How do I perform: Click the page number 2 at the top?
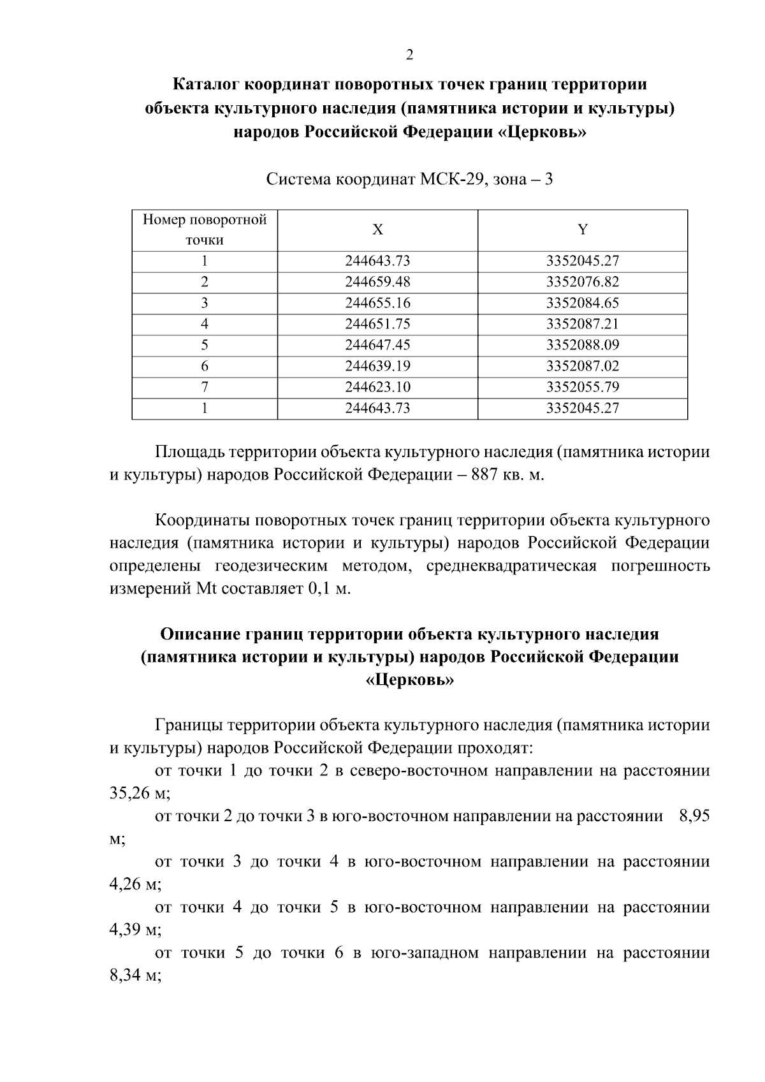point(409,55)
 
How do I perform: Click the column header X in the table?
point(377,230)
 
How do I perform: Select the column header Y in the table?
point(582,230)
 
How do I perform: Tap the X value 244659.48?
point(377,282)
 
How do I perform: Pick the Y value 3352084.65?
point(582,303)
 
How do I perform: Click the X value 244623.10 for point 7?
point(377,387)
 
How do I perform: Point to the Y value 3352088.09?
point(582,345)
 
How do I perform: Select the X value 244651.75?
point(377,324)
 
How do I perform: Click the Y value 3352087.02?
point(582,366)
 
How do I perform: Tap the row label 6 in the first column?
point(205,366)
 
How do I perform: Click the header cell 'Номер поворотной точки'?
point(205,230)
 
